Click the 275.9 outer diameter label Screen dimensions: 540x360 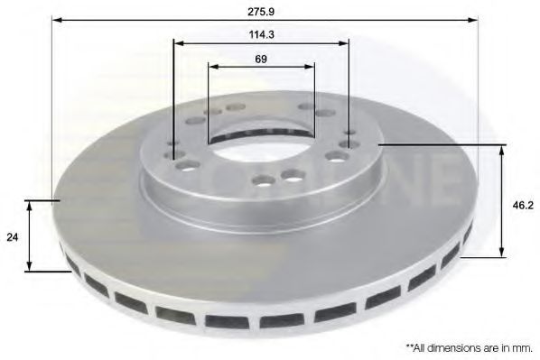click(x=261, y=12)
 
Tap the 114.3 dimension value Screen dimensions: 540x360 click(x=261, y=34)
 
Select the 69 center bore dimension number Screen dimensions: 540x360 click(x=261, y=59)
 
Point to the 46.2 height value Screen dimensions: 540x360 click(x=523, y=206)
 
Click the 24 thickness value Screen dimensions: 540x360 click(x=12, y=237)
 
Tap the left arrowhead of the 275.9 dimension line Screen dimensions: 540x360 click(x=57, y=20)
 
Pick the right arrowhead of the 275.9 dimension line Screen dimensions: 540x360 click(x=473, y=20)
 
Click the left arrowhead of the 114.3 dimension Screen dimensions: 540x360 click(x=179, y=43)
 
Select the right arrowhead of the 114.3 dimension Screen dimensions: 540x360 click(x=344, y=43)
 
